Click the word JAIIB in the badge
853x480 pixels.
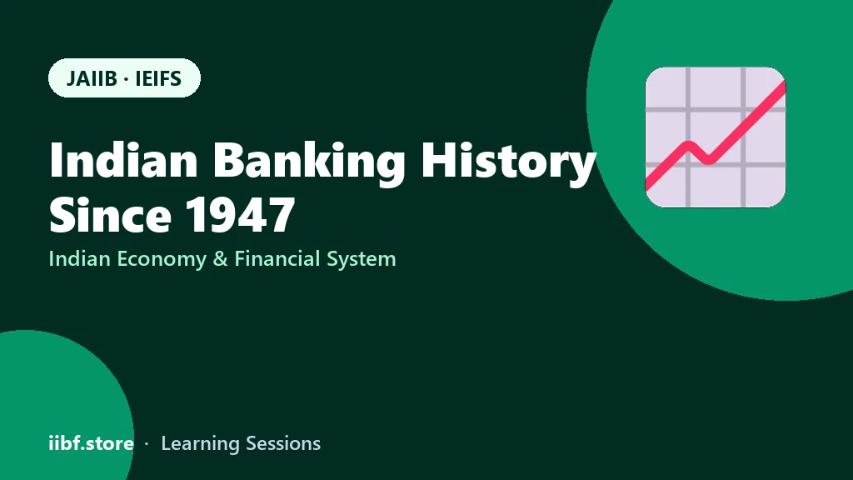[92, 79]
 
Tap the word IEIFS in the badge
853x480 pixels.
[158, 79]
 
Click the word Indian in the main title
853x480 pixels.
[123, 160]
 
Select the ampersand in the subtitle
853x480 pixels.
[220, 259]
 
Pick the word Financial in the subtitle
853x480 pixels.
[277, 258]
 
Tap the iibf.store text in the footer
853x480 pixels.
[92, 443]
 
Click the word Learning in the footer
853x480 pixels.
[200, 444]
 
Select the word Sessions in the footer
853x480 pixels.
[283, 443]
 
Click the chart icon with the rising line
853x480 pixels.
[716, 137]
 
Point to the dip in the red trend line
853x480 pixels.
[708, 160]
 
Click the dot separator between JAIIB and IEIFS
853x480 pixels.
[127, 79]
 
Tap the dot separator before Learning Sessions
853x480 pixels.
[147, 444]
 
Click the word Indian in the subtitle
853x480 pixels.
[79, 258]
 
